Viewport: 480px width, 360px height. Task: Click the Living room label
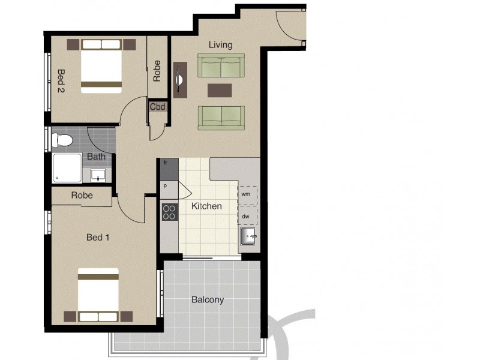220,45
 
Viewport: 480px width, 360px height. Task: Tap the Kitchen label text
206,206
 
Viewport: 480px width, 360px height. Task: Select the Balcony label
208,300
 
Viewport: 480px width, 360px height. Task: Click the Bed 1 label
98,238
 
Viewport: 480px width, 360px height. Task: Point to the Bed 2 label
61,81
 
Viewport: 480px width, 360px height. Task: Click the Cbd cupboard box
158,107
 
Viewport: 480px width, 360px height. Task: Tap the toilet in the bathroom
62,140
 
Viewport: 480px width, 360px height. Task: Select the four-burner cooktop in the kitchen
169,211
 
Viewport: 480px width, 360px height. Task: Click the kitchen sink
248,237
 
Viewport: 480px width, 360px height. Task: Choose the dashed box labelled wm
247,195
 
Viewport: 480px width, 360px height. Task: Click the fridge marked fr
169,168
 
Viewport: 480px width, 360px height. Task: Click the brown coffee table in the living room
220,90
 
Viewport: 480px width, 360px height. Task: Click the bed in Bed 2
101,65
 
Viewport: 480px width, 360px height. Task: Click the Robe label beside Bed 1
82,196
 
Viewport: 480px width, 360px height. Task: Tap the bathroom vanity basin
98,175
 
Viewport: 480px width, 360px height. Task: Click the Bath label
97,157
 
